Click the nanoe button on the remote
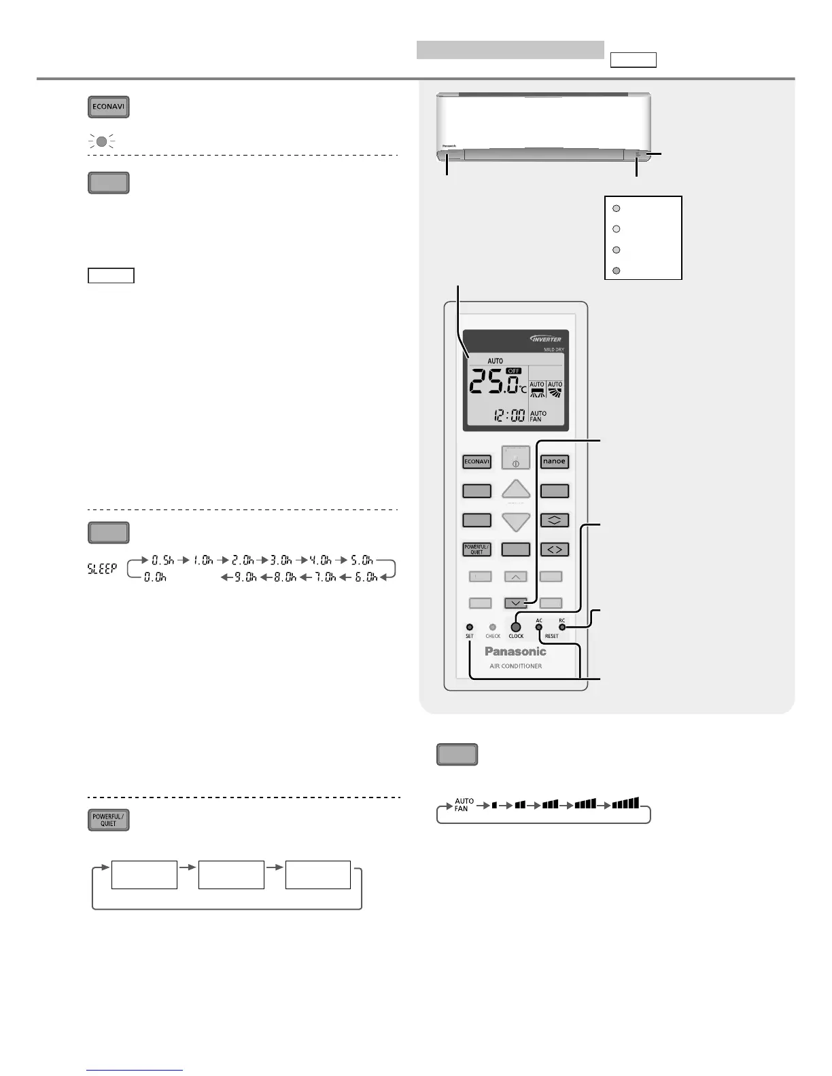tap(554, 461)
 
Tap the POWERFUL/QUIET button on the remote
tap(476, 550)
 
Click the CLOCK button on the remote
tap(516, 627)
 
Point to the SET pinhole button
tap(469, 627)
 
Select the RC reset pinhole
tap(562, 627)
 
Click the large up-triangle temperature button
tap(516, 490)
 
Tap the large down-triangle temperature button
tap(516, 522)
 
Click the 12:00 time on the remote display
tap(508, 414)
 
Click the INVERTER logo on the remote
tap(545, 338)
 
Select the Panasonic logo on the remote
tap(515, 651)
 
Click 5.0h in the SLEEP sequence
tap(362, 560)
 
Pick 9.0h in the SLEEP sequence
tap(245, 577)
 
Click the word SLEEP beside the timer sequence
tap(102, 569)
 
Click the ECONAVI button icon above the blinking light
tap(108, 107)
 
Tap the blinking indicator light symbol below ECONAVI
tap(101, 142)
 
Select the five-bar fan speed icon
tap(625, 804)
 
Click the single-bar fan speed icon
tap(494, 805)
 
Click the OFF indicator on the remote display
tap(514, 371)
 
